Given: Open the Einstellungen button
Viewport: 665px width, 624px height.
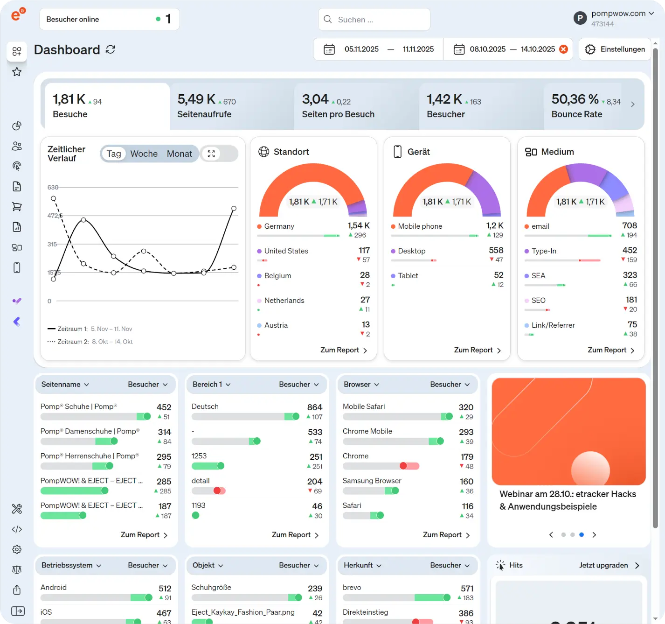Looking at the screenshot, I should [615, 49].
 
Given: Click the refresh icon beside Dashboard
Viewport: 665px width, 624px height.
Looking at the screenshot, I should [111, 49].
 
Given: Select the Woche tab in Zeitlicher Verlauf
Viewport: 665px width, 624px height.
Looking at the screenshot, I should [144, 154].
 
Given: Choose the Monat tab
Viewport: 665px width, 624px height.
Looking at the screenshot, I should [180, 154].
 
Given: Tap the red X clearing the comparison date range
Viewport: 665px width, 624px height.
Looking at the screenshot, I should [564, 49].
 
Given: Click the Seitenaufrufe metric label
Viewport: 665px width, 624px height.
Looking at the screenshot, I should [204, 114].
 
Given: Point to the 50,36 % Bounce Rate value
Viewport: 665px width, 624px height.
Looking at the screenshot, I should [575, 99].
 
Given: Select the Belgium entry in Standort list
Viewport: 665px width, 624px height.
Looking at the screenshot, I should [277, 276].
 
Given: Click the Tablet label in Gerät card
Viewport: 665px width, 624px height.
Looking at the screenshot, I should [408, 276].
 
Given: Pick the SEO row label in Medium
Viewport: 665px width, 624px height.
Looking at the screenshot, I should [538, 301].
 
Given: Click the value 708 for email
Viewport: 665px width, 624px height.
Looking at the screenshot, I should [630, 226].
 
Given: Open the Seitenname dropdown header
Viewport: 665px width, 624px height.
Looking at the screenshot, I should [65, 385].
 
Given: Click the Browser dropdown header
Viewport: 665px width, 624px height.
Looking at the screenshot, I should [361, 385].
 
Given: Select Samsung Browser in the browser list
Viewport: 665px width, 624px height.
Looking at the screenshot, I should [372, 481].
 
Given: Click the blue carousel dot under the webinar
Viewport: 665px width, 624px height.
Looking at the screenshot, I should [582, 535].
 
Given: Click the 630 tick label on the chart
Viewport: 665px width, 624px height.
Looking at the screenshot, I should [53, 188].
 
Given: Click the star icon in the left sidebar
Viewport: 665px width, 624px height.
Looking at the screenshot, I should [17, 72].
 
